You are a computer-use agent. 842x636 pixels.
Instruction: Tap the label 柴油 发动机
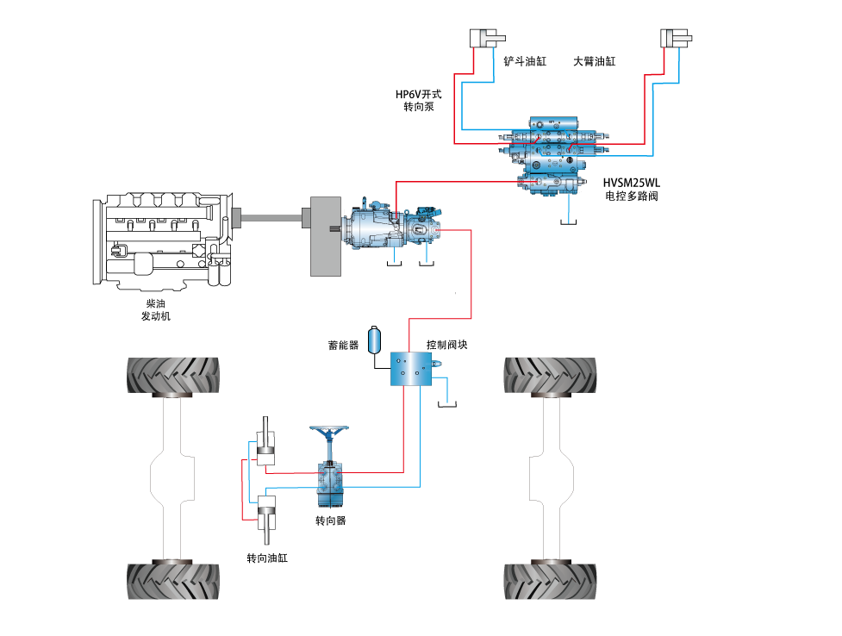(156, 310)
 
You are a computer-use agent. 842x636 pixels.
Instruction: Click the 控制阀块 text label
(447, 345)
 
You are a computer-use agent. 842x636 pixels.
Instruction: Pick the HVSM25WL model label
(632, 183)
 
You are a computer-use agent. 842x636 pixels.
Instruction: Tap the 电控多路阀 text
(632, 196)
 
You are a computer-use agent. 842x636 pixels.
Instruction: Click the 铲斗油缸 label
(525, 62)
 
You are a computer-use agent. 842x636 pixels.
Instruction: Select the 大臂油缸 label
(595, 62)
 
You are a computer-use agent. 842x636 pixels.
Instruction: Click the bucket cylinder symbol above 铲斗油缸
(486, 38)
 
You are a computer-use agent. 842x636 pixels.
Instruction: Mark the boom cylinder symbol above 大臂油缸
(677, 38)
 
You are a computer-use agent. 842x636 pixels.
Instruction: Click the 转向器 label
(331, 521)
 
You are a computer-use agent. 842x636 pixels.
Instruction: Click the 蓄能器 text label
(343, 346)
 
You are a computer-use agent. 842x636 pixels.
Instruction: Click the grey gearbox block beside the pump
(326, 235)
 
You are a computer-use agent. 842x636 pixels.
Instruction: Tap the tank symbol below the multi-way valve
(568, 222)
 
